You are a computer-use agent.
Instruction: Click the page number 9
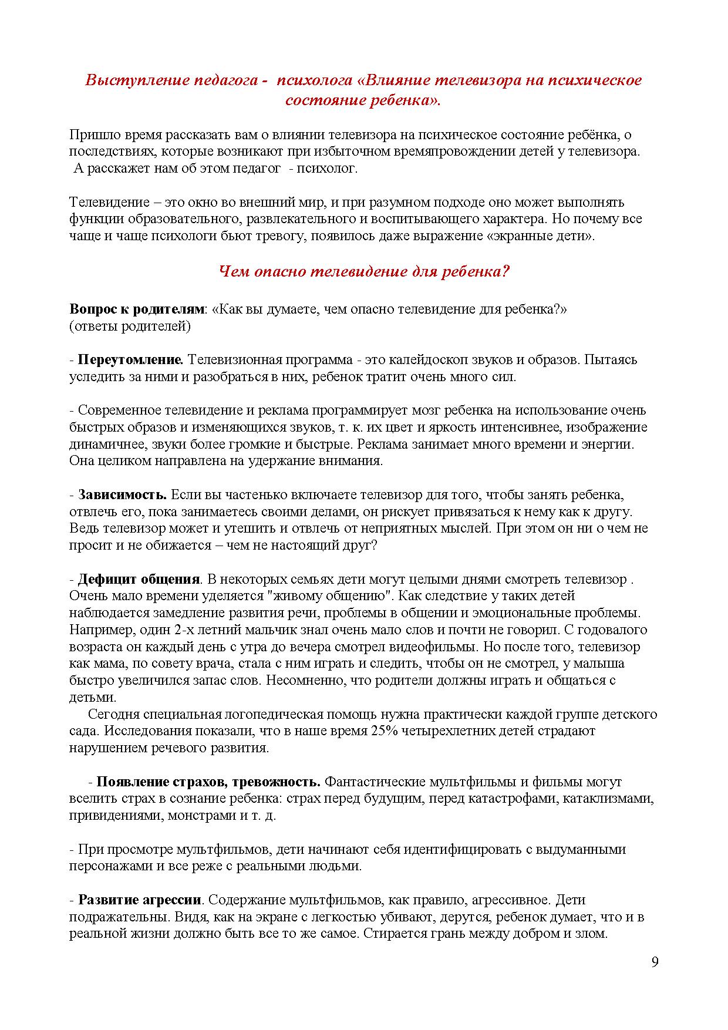point(655,962)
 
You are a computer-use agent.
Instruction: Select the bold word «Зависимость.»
point(123,494)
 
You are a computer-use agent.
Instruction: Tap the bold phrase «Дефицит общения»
point(139,579)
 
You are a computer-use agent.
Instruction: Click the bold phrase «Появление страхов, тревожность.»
point(208,782)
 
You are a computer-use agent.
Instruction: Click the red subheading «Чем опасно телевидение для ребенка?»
point(364,272)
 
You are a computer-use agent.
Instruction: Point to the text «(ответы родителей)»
point(130,326)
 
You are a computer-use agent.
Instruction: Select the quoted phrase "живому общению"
point(329,596)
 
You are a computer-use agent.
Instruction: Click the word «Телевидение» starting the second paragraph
point(109,203)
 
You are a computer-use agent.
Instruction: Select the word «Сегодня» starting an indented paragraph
point(113,715)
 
